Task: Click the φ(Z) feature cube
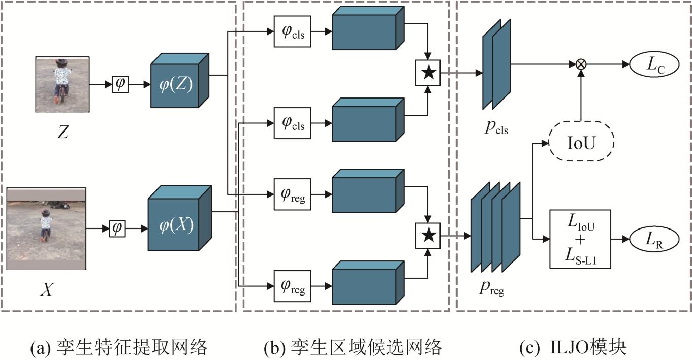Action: click(x=176, y=84)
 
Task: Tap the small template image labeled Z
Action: click(x=62, y=84)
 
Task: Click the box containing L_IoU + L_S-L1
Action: click(x=580, y=239)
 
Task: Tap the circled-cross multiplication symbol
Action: click(x=580, y=64)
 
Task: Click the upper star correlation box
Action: click(x=429, y=73)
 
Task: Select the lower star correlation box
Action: click(x=429, y=235)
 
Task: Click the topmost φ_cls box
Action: click(x=292, y=31)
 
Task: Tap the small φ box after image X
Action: click(x=117, y=229)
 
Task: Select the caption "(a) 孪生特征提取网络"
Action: click(x=119, y=347)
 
